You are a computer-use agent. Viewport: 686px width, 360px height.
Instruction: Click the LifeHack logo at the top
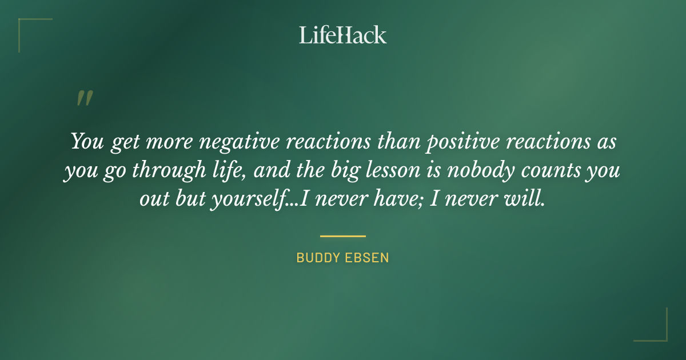pyautogui.click(x=343, y=35)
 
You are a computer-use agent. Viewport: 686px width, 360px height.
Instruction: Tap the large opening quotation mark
pyautogui.click(x=85, y=98)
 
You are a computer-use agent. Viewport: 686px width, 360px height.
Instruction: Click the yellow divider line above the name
pyautogui.click(x=343, y=235)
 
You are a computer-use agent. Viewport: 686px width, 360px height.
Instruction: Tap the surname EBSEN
pyautogui.click(x=368, y=258)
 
